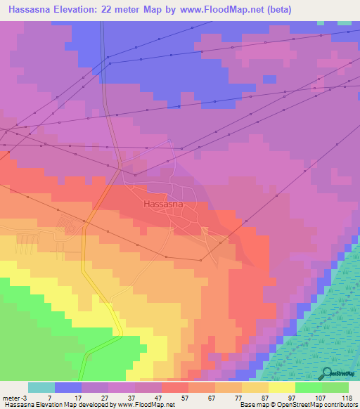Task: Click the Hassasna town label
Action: [x=164, y=204]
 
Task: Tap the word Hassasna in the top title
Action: [x=32, y=10]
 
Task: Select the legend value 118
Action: [x=347, y=398]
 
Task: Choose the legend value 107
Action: [x=321, y=398]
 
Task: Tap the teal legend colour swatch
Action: [x=41, y=387]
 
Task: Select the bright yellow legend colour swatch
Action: [x=282, y=387]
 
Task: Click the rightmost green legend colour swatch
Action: [x=335, y=387]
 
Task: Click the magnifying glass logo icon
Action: [x=326, y=373]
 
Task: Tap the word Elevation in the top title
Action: [x=87, y=10]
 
